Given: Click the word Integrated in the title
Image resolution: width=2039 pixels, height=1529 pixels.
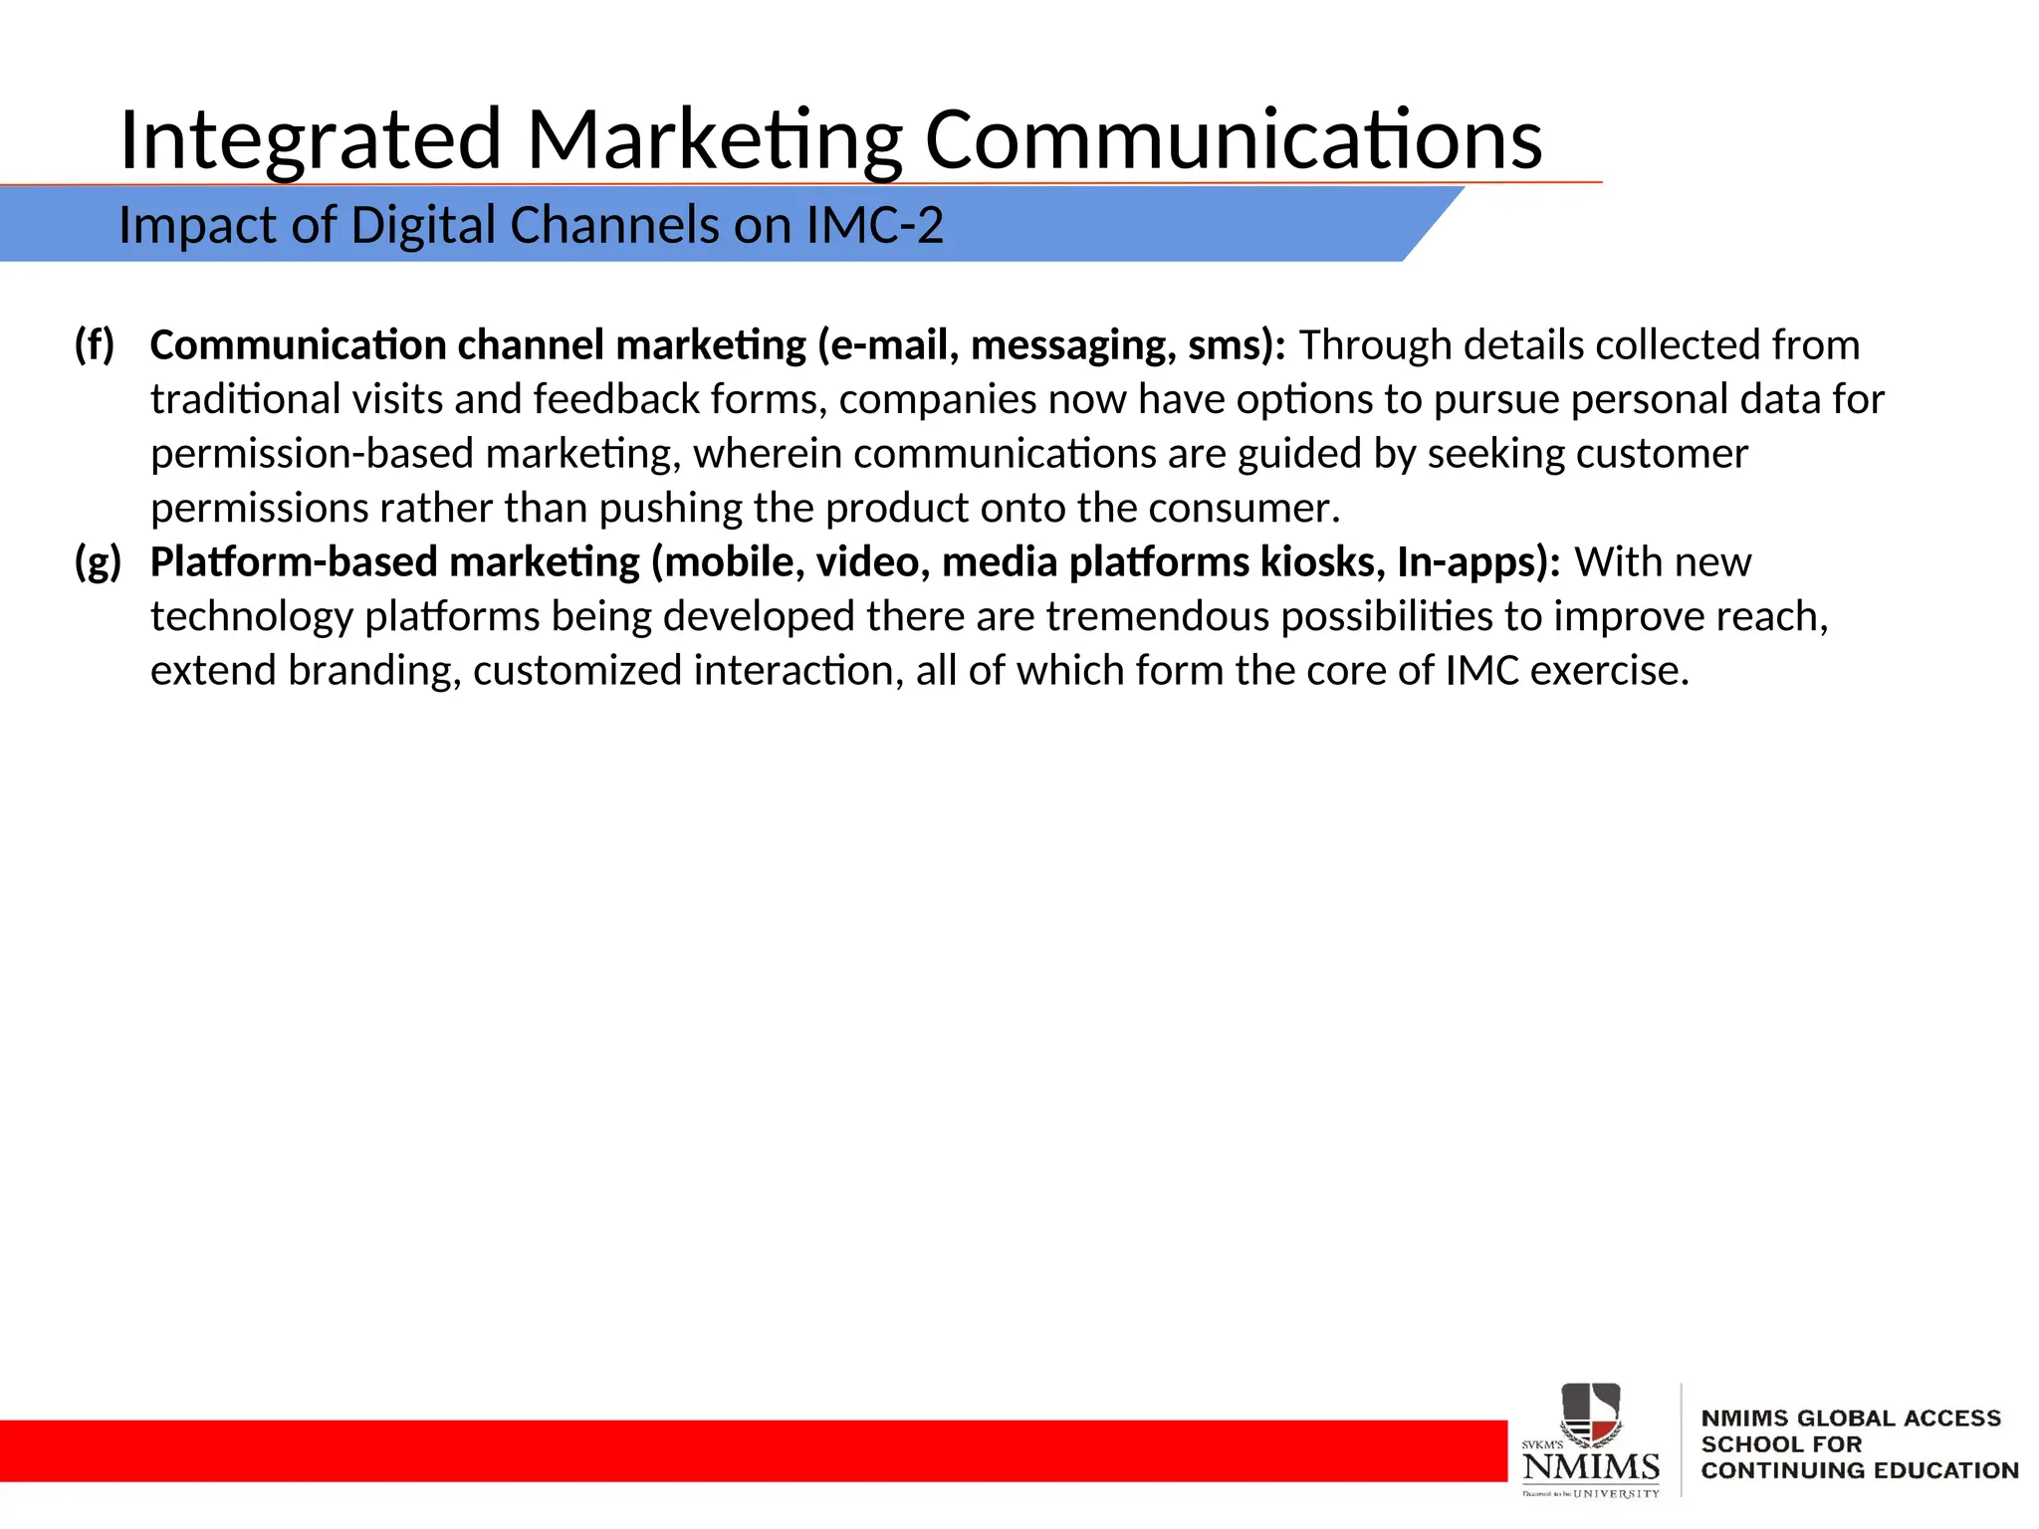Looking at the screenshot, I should point(310,139).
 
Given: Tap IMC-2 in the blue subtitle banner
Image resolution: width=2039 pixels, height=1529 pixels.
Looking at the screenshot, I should point(874,225).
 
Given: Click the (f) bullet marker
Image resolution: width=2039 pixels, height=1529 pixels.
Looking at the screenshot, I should point(95,345).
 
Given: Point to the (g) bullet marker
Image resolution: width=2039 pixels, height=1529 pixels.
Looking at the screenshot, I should point(98,562).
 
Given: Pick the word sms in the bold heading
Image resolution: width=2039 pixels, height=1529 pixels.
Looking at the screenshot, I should point(1231,345).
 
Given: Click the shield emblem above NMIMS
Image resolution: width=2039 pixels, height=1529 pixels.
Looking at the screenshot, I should point(1590,1414).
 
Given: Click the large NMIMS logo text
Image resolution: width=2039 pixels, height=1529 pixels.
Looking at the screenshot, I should point(1591,1466).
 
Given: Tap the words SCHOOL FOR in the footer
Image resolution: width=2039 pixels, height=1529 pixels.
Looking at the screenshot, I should point(1781,1444).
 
